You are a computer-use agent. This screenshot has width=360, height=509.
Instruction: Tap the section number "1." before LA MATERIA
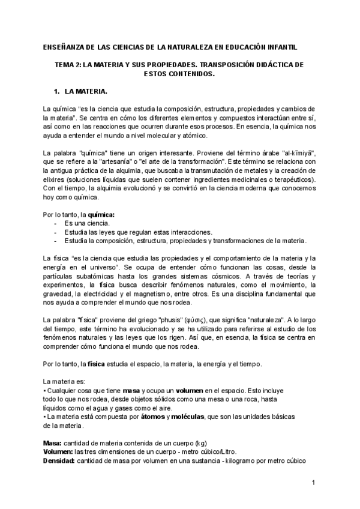click(58, 91)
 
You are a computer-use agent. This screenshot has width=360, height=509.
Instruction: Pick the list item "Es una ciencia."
click(87, 223)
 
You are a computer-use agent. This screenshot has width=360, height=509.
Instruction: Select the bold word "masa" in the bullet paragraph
click(130, 390)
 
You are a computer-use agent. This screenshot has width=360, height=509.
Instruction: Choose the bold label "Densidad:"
click(59, 461)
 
